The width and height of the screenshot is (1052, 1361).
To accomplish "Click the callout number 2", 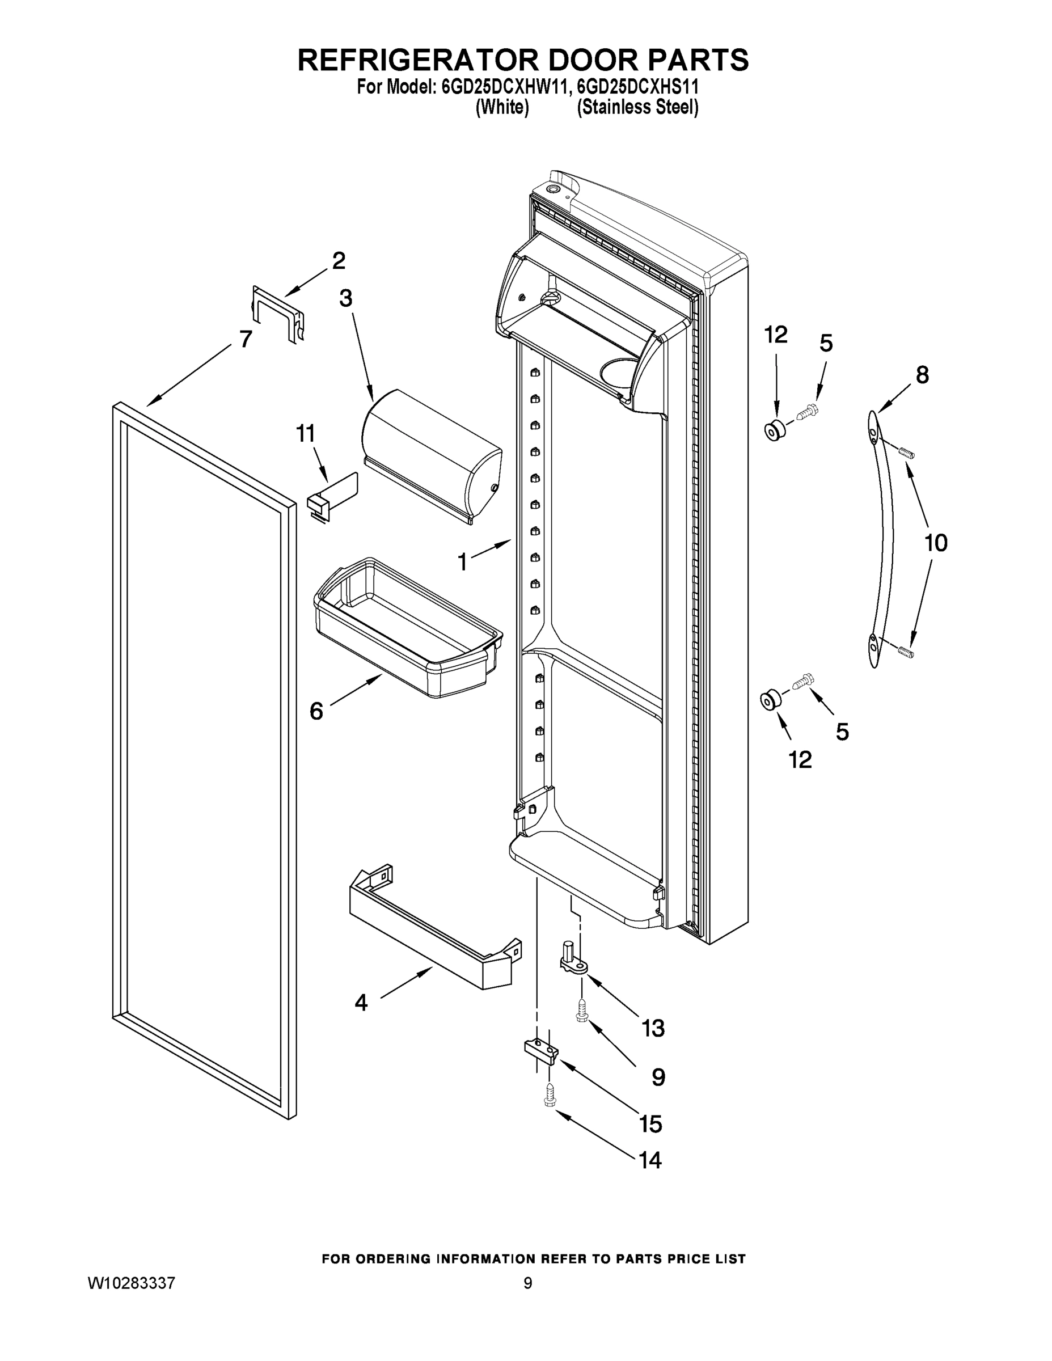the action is click(339, 260).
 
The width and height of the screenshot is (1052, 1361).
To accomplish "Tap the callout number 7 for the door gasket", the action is click(246, 339).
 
